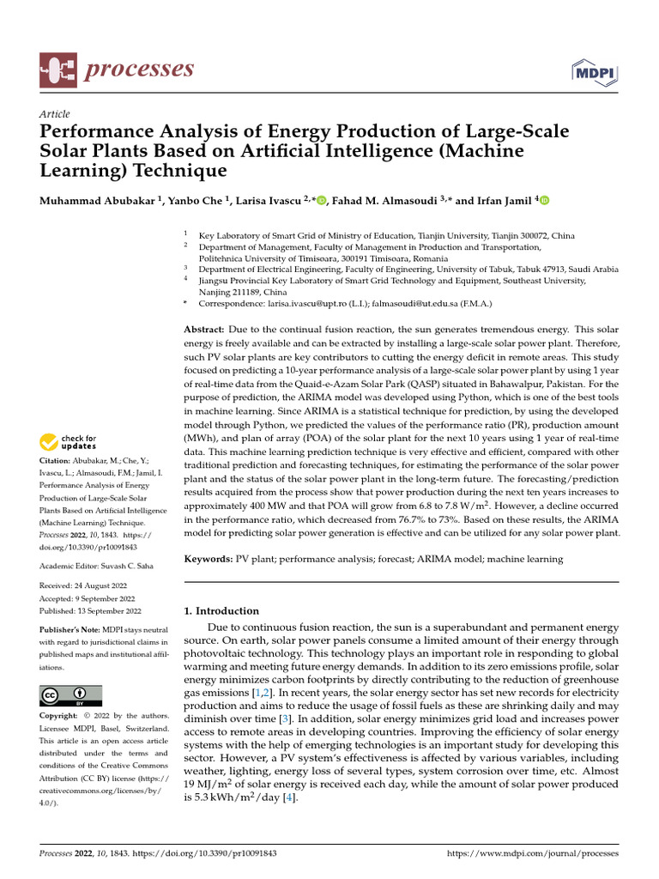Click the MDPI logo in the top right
[594, 71]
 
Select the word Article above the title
[55, 114]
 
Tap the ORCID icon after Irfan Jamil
[543, 201]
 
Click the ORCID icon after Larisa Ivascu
[321, 201]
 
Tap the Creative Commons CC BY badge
[71, 695]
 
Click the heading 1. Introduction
[222, 611]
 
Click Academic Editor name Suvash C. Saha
[124, 567]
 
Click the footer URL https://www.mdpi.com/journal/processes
[534, 854]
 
